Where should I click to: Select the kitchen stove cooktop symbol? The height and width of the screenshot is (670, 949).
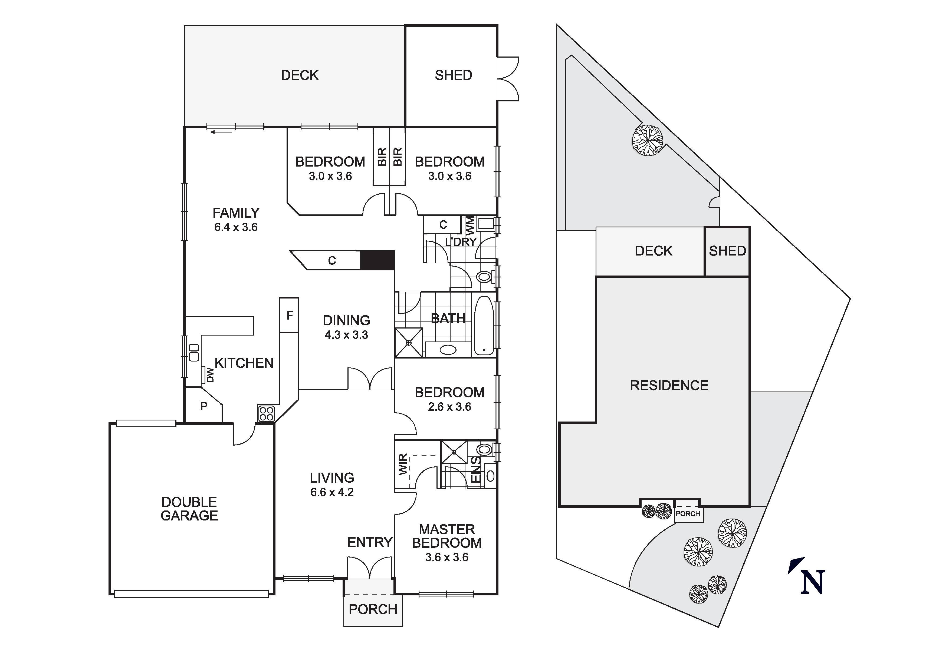[x=266, y=413]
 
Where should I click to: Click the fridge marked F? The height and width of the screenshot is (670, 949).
[x=289, y=316]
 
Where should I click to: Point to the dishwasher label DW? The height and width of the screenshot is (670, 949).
[x=210, y=375]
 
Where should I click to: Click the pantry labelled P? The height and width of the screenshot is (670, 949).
[x=203, y=406]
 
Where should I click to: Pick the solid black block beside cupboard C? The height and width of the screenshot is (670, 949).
[x=377, y=260]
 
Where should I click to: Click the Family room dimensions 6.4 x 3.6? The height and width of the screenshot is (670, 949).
[x=236, y=227]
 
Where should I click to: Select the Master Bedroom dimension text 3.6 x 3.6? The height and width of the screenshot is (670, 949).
[x=446, y=558]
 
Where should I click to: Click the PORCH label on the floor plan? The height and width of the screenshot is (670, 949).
[x=373, y=609]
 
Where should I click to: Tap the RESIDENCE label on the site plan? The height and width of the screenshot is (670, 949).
[x=669, y=385]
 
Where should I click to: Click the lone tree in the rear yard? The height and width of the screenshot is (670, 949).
[x=647, y=140]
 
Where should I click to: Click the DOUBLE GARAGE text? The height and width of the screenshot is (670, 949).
[x=189, y=509]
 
